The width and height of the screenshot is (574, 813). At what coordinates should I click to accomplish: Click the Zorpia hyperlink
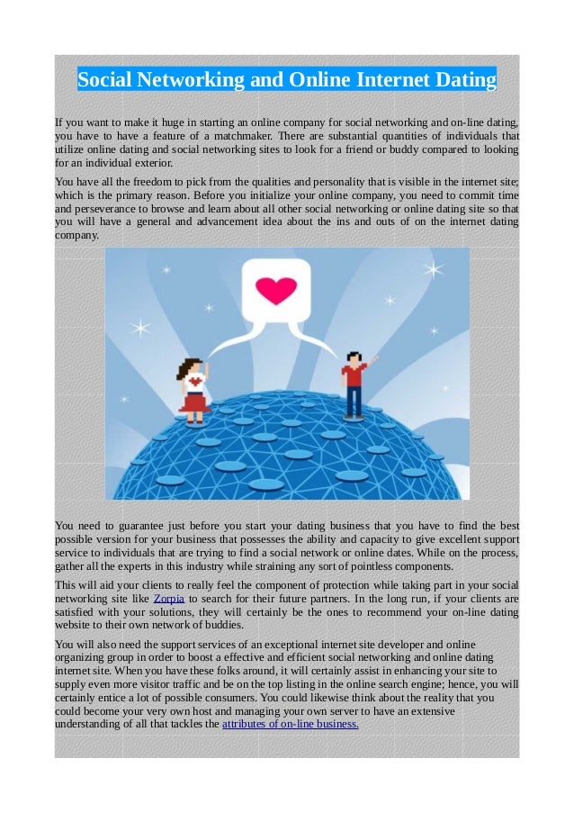click(170, 599)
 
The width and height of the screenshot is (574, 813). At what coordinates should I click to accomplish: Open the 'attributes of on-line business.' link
click(290, 723)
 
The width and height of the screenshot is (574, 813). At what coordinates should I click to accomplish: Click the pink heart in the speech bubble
click(276, 290)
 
